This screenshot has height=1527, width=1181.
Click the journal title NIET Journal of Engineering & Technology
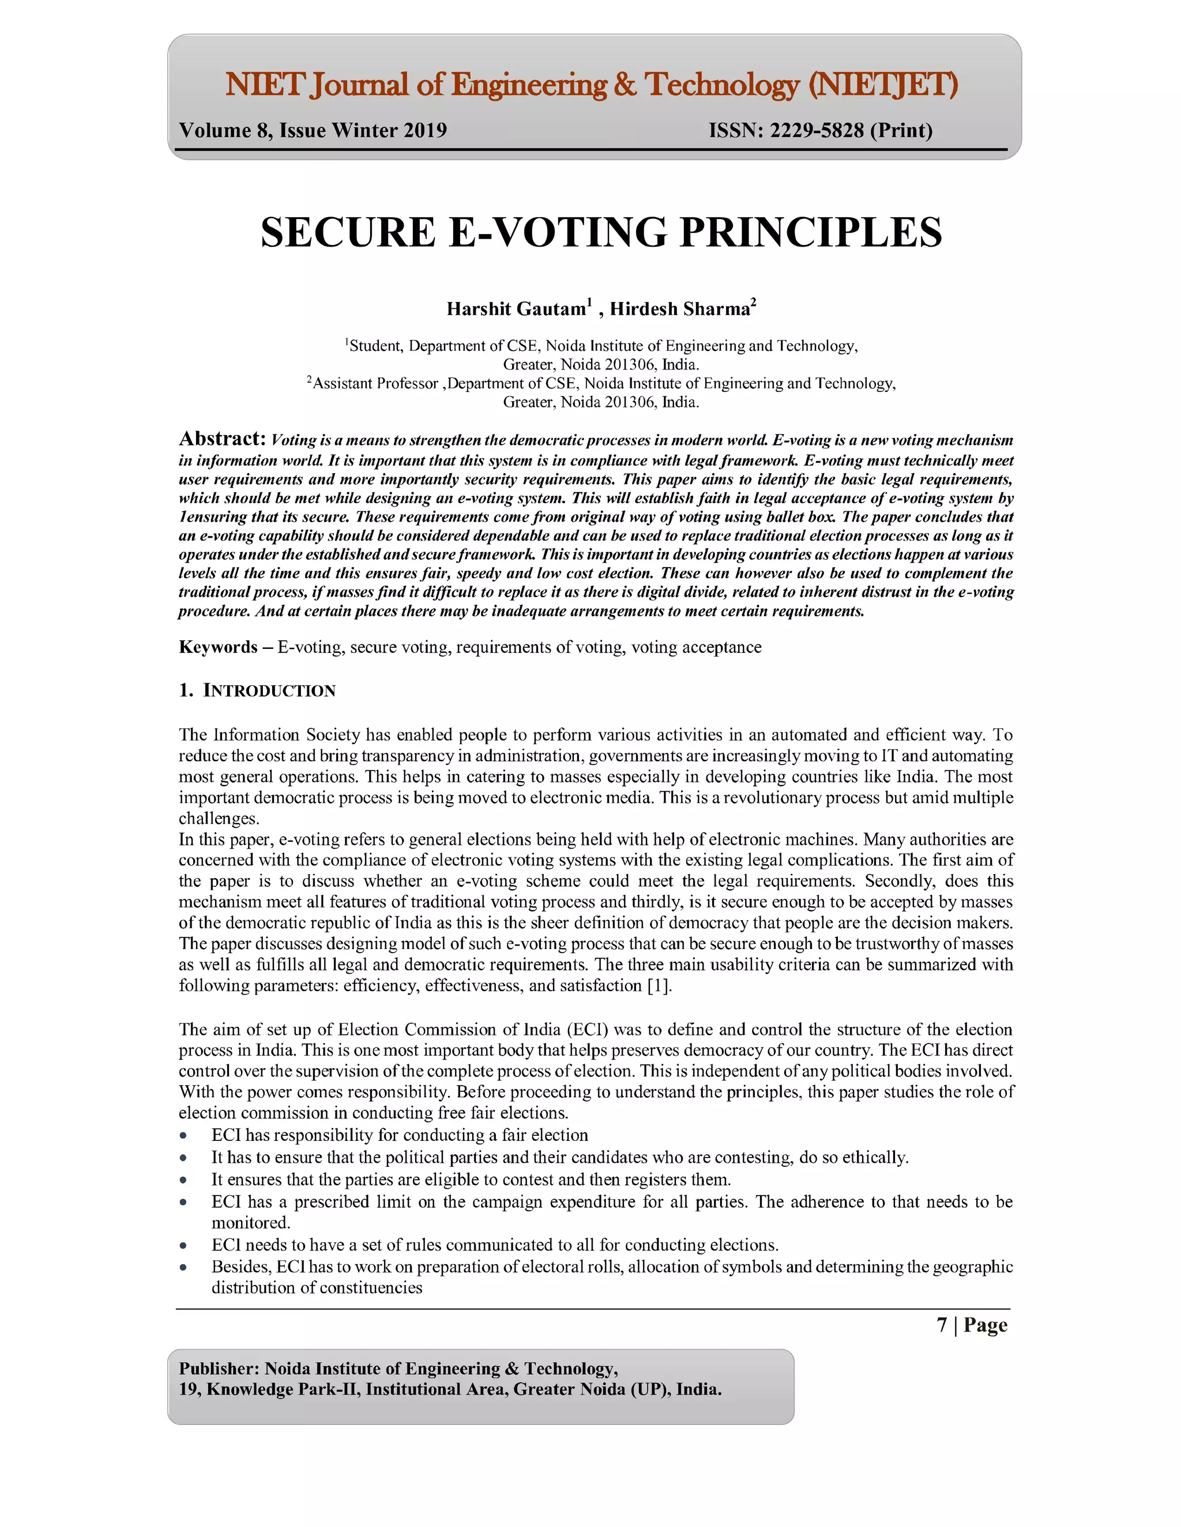590,85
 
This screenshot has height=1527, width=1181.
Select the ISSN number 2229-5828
817,131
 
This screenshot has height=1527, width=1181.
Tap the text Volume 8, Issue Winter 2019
313,131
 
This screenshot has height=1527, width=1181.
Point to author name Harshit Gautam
516,309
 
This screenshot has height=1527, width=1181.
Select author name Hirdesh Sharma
679,309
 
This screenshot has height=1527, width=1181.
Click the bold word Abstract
222,439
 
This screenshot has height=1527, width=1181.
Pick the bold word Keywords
217,647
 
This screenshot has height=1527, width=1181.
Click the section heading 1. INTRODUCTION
257,691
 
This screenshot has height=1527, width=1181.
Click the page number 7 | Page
972,1325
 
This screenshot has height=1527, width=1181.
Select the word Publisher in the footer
217,1369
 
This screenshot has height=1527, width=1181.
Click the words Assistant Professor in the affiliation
375,383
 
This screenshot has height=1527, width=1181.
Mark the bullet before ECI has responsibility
183,1136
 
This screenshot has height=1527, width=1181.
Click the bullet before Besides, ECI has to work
183,1268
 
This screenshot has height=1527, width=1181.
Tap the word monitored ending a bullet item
250,1223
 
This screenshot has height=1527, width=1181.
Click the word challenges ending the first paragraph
219,819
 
